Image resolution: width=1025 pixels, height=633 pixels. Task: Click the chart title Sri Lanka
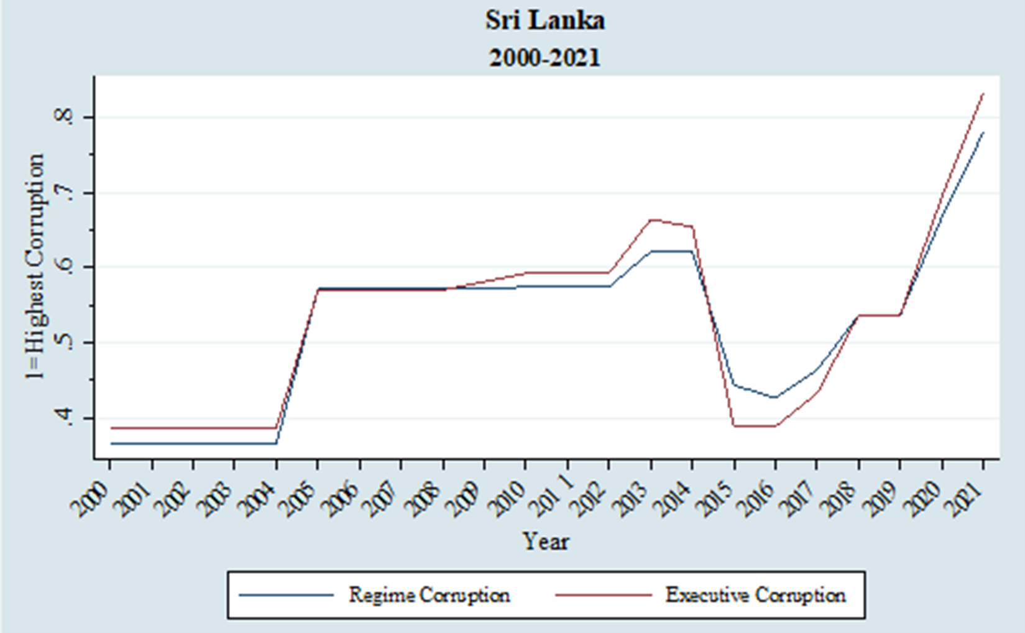point(545,21)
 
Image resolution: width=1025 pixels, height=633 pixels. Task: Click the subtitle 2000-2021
point(545,58)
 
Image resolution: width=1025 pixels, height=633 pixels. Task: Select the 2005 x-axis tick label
point(300,499)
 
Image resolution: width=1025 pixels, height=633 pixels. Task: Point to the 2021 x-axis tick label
point(965,499)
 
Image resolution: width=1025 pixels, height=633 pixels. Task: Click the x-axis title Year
point(546,541)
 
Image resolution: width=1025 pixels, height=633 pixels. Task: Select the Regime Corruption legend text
point(429,595)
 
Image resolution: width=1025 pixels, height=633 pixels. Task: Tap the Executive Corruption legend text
point(755,595)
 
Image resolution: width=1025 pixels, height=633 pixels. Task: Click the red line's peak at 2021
point(983,94)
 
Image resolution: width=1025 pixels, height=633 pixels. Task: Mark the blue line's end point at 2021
point(983,132)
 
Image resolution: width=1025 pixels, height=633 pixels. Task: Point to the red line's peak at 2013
point(651,219)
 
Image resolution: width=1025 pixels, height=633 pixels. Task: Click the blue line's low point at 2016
point(775,397)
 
